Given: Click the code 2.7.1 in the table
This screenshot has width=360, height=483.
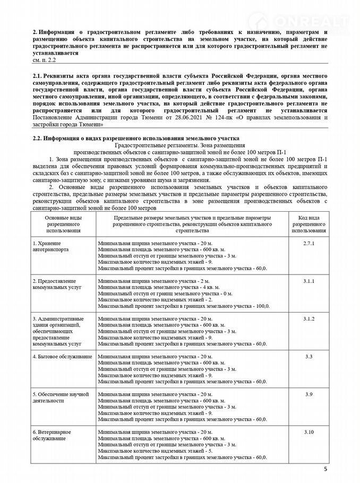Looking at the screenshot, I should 309,243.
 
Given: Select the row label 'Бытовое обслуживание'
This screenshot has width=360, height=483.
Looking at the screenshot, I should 62,356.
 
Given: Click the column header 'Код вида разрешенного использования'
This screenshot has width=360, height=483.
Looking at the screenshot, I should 309,225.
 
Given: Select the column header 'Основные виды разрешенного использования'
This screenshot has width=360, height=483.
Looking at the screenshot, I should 63,225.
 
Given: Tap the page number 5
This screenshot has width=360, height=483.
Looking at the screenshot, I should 325,470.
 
